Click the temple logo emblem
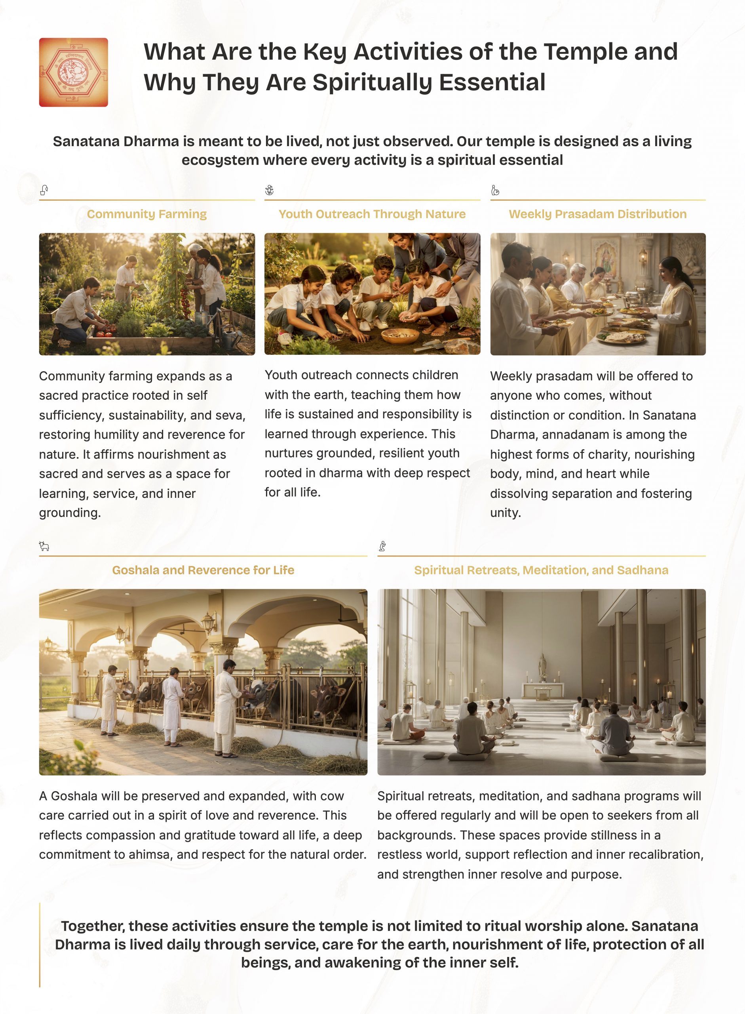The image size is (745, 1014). pos(74,72)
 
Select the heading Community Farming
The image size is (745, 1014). pos(146,214)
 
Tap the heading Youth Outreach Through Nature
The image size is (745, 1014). pos(372,214)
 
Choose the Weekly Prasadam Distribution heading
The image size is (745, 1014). pos(597,214)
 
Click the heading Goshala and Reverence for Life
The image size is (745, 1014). pos(203,570)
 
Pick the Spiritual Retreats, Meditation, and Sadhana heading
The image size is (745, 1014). pos(541,570)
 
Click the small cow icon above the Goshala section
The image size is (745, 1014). pos(44,547)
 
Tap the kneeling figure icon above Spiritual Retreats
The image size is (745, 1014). pos(382,547)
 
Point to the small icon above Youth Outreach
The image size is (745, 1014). pos(269,190)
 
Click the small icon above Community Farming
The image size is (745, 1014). pos(44,190)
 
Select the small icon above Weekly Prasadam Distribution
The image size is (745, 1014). pos(495,190)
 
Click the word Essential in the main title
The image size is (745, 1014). pos(492,82)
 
